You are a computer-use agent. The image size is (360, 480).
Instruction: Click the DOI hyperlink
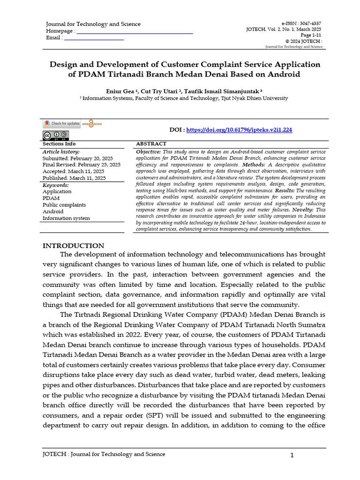(239, 130)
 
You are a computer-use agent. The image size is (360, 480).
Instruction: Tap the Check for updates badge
(62, 124)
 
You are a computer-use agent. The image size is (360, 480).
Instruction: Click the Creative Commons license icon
(55, 136)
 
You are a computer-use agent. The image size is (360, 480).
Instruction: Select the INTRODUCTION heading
(74, 246)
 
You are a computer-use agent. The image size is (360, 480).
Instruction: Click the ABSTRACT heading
(151, 144)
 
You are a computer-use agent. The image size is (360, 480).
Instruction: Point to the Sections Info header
(59, 144)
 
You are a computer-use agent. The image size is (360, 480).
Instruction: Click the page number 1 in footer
(291, 455)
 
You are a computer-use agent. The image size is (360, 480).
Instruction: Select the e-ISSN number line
(301, 23)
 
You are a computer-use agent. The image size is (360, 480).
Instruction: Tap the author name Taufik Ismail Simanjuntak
(222, 90)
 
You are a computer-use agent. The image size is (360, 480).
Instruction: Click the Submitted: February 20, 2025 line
(78, 158)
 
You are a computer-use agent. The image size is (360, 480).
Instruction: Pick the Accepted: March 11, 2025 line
(74, 172)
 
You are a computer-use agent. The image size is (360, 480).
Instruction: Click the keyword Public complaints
(64, 205)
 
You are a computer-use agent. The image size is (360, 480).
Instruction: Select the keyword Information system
(66, 218)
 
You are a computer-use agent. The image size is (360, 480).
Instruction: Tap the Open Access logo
(92, 124)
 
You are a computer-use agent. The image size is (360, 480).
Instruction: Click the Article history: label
(61, 152)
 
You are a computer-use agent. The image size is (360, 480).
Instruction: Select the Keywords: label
(56, 185)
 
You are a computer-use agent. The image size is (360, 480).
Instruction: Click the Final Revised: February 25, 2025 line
(82, 165)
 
